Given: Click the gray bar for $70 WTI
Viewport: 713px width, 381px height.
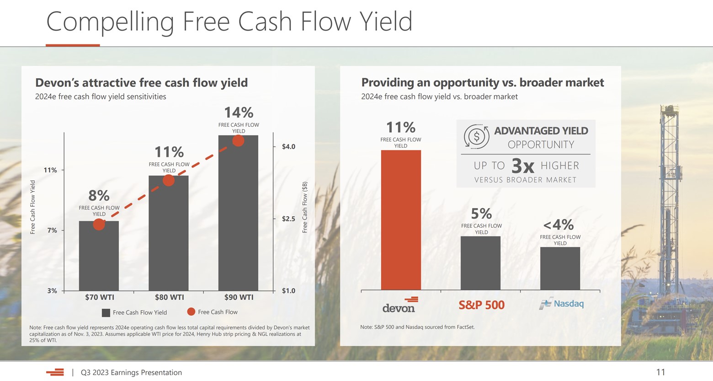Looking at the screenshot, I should tap(99, 256).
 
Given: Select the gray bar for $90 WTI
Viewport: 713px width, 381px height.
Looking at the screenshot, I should tap(238, 215).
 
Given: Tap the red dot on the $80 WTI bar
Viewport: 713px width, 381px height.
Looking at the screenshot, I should tap(169, 180).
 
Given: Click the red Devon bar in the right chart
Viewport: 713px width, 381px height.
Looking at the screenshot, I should tap(401, 220).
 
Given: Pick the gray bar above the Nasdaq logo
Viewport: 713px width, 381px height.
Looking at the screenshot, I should tap(560, 268).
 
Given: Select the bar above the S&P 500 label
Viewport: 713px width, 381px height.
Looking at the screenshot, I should tap(480, 263).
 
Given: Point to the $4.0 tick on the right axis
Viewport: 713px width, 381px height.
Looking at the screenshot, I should tap(288, 147).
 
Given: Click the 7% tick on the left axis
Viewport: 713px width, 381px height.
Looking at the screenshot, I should tap(52, 231).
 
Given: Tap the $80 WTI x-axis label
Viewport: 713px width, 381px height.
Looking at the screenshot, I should tap(169, 297).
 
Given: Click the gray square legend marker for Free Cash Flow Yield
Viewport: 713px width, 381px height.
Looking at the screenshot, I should tap(106, 313).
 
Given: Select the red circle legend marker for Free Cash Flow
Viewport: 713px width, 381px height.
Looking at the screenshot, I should tap(191, 312).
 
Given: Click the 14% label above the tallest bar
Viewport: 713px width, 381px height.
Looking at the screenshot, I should tap(238, 113).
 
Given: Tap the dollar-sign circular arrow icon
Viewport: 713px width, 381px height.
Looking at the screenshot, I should tap(476, 137).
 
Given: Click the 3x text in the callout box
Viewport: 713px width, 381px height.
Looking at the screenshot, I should tap(522, 166).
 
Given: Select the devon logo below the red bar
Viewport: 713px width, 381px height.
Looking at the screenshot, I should tap(399, 305).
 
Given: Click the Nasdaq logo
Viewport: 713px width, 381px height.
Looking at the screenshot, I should tap(561, 304).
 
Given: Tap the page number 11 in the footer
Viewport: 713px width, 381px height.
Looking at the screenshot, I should tap(660, 372).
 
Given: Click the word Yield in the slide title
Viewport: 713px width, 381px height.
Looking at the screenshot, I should tap(386, 21).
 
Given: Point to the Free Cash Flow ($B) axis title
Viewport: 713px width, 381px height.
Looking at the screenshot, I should tap(305, 207).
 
